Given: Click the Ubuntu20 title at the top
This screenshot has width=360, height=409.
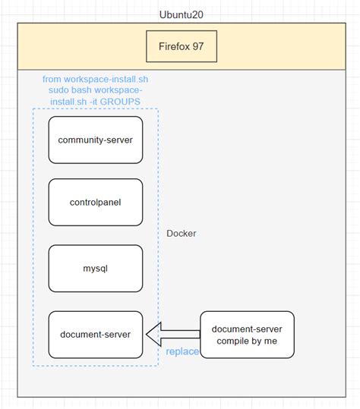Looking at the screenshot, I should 181,14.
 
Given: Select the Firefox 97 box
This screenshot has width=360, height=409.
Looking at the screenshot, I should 182,46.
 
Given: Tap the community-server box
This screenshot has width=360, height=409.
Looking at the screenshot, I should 95,140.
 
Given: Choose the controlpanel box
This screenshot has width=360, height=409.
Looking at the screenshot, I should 95,203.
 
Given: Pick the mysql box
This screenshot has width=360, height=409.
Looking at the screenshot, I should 95,268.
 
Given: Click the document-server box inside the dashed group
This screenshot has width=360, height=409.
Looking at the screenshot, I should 95,334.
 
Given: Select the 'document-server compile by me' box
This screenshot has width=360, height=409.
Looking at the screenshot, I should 247,334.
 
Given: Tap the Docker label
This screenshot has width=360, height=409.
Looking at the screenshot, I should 182,234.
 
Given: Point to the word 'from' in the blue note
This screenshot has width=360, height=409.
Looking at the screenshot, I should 52,79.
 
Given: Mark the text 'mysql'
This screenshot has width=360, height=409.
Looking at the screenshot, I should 95,268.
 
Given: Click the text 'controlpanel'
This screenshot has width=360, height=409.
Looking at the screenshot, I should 95,203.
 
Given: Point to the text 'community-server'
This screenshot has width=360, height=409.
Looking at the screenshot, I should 95,140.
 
